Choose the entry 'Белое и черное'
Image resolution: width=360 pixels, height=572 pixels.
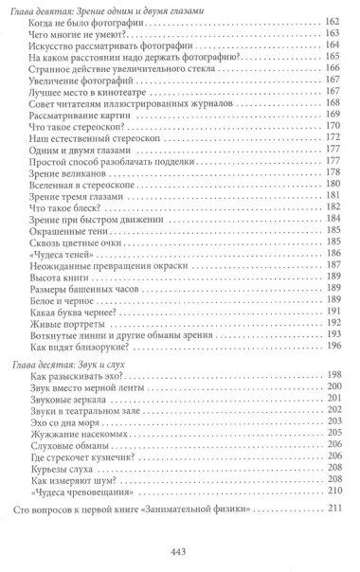(64, 299)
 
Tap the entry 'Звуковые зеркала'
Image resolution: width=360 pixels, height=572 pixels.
(69, 400)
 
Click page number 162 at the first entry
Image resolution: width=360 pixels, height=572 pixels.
(332, 22)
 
